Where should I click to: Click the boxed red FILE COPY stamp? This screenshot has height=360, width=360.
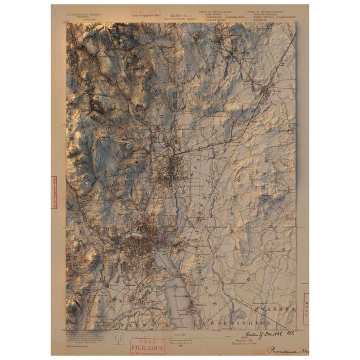(x=147, y=346)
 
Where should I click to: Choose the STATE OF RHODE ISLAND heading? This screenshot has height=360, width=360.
(x=215, y=11)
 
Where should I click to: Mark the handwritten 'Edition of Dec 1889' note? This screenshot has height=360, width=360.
(x=262, y=333)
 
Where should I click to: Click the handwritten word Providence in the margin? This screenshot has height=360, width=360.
(x=285, y=349)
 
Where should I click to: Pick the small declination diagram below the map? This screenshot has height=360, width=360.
(x=118, y=338)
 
